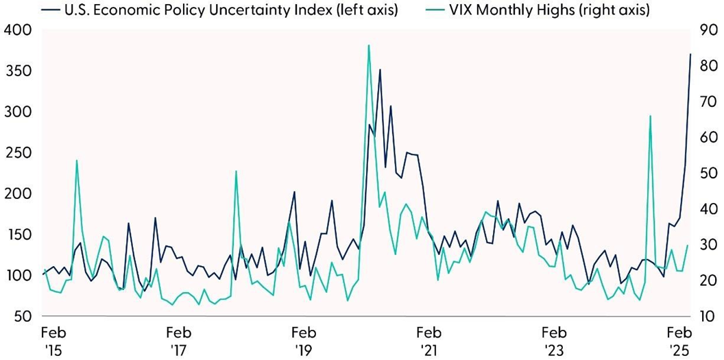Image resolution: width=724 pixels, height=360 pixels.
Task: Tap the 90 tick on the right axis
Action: point(705,30)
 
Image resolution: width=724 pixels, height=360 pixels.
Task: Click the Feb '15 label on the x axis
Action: point(52,341)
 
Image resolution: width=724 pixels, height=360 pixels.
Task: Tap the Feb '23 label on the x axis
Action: point(554,341)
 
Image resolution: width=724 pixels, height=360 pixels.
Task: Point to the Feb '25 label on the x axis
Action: point(679,341)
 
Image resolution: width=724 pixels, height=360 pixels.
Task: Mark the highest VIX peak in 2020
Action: point(369,46)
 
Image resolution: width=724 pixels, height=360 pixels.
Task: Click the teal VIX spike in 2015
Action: point(76,160)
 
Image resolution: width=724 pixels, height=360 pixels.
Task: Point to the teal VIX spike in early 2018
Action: point(236,171)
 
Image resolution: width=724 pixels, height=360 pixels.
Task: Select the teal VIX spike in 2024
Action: point(649,117)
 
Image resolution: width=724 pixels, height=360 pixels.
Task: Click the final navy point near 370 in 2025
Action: point(690,54)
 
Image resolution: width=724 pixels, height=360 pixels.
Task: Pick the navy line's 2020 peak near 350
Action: point(380,70)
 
